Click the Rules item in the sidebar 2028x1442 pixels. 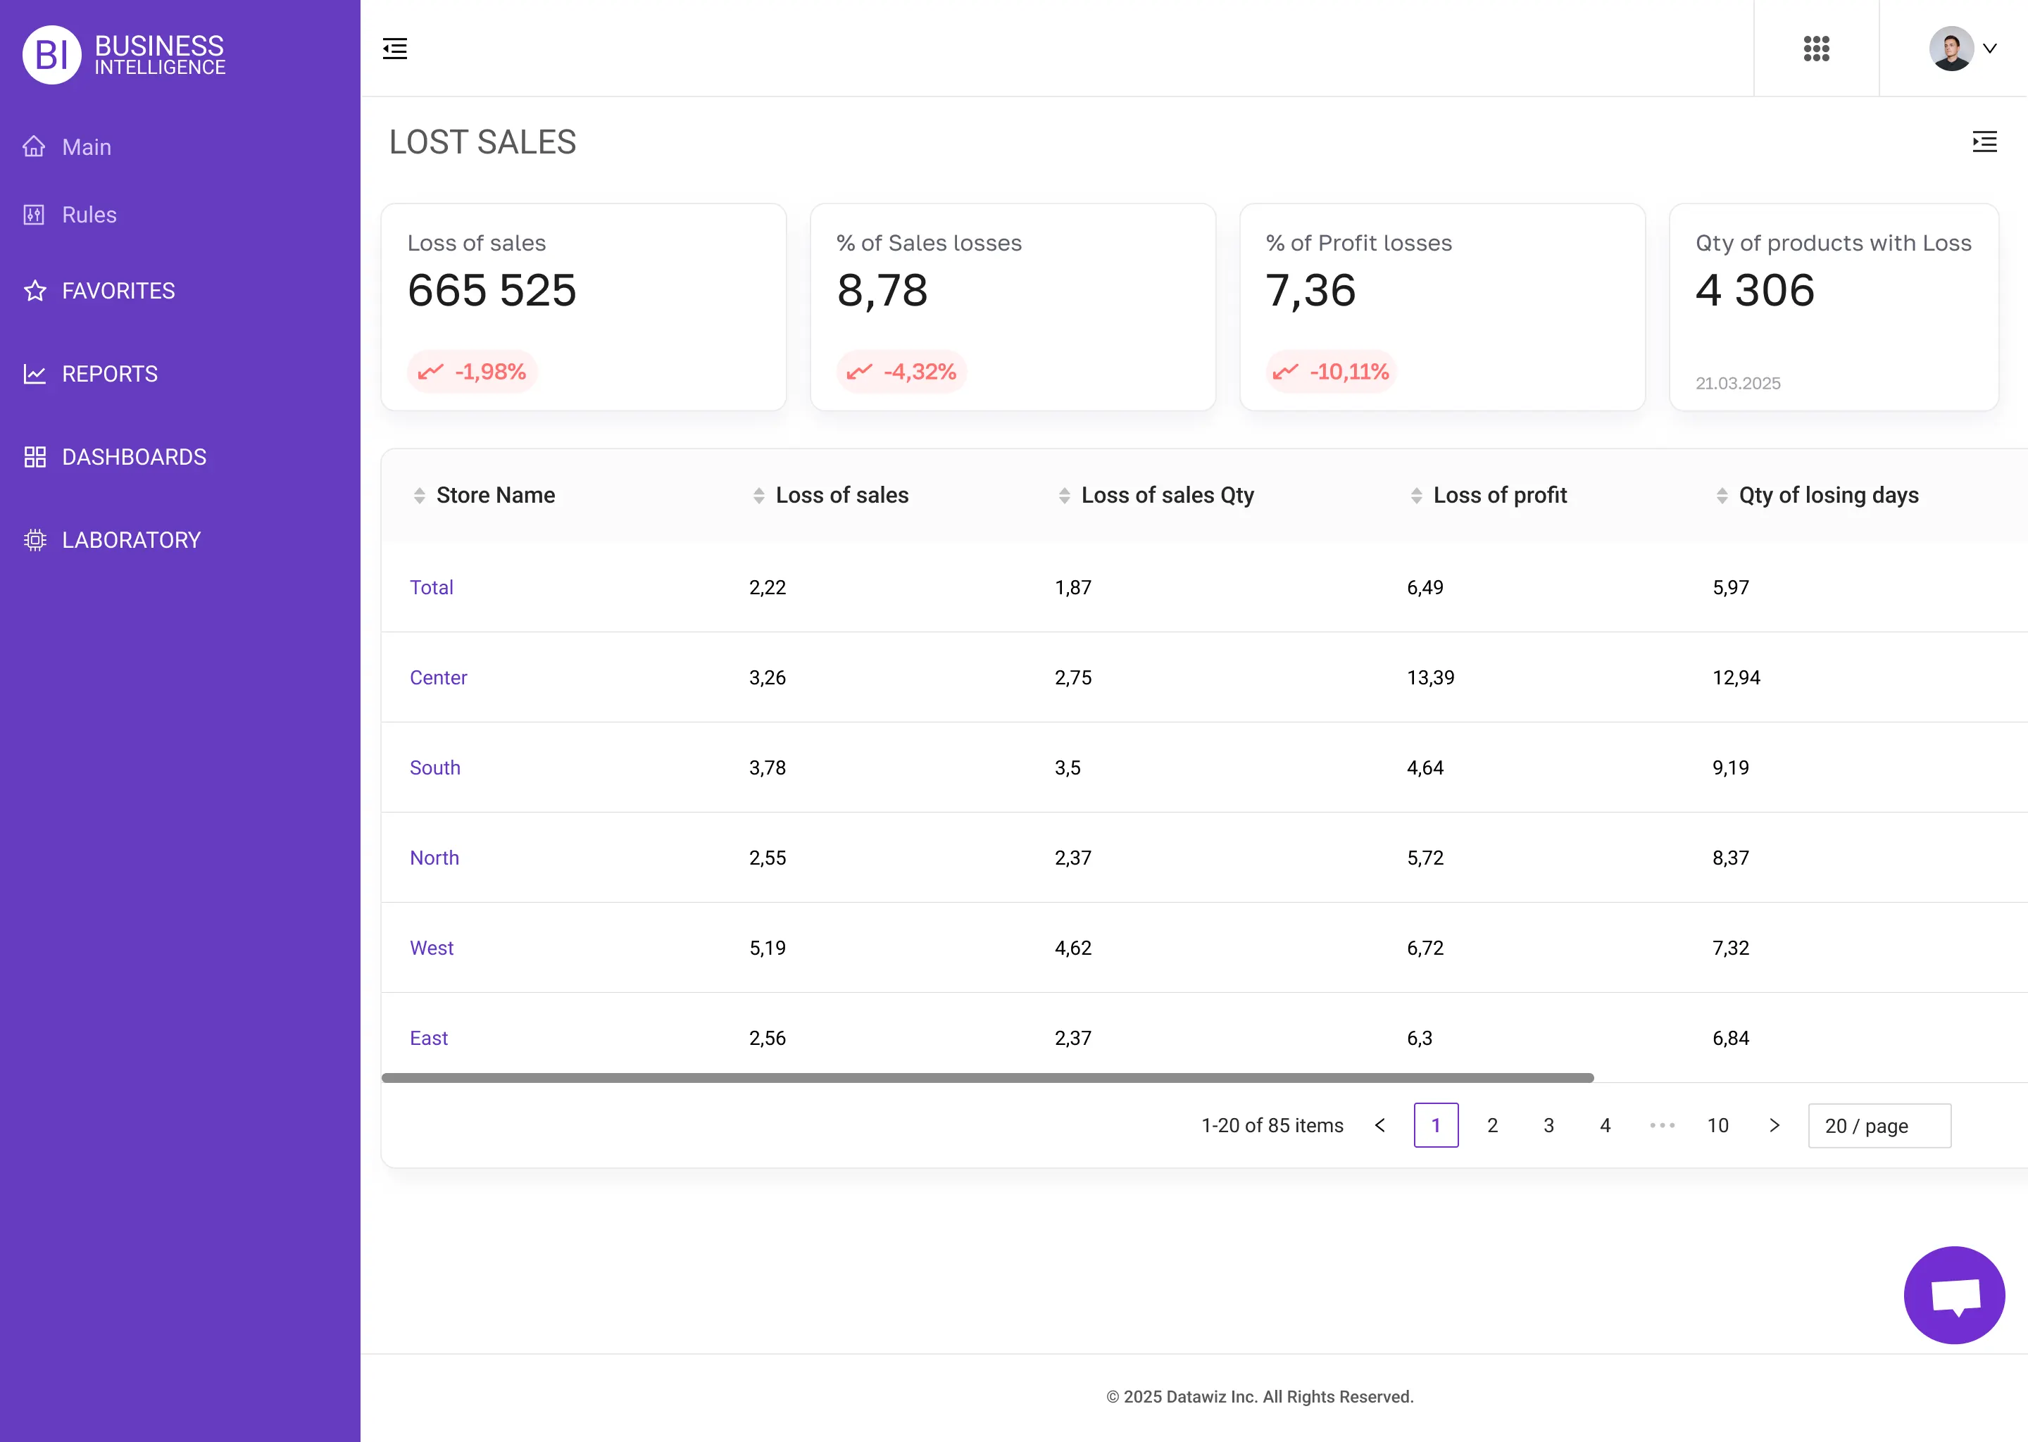point(89,215)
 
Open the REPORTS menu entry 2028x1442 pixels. point(109,374)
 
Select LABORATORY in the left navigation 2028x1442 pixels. point(130,540)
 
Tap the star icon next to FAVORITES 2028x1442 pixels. point(35,291)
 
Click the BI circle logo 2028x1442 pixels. point(51,55)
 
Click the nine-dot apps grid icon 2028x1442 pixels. point(1816,49)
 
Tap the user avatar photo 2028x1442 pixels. point(1951,49)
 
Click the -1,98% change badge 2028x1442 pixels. point(472,371)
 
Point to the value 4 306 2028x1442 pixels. point(1755,290)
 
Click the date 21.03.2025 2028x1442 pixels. point(1738,384)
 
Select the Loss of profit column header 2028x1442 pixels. point(1500,496)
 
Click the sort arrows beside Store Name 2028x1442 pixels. point(419,496)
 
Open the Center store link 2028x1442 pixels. point(438,677)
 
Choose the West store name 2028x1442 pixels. point(432,948)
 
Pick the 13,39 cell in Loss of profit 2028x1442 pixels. point(1430,677)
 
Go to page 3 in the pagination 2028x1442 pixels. point(1548,1126)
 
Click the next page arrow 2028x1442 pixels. point(1774,1126)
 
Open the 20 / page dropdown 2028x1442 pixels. point(1879,1126)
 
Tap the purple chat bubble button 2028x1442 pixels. point(1953,1296)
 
